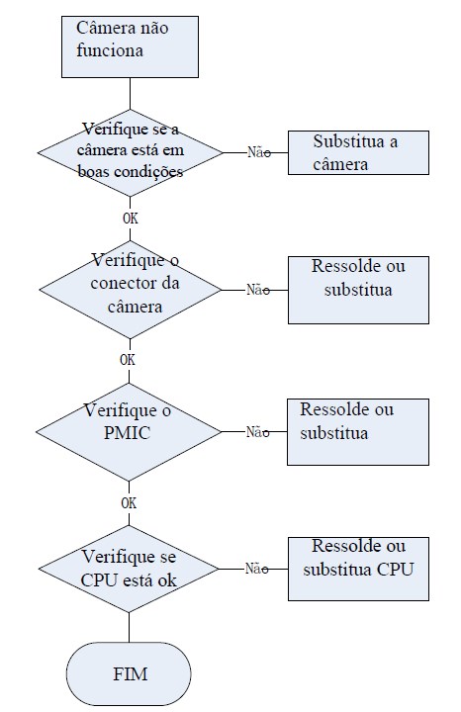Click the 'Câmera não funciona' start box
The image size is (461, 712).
(x=130, y=46)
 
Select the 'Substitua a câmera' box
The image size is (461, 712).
(x=358, y=152)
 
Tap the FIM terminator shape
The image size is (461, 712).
(x=129, y=673)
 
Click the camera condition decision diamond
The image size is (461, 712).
(x=131, y=152)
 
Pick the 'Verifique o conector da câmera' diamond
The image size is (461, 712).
(x=131, y=290)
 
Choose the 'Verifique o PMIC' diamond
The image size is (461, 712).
(x=129, y=431)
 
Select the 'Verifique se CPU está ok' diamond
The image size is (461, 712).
(x=129, y=569)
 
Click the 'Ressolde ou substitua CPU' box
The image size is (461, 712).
(x=358, y=569)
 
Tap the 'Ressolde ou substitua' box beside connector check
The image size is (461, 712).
(x=358, y=290)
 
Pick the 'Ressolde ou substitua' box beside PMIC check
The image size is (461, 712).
(x=358, y=432)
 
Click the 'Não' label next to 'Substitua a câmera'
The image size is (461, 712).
(x=259, y=152)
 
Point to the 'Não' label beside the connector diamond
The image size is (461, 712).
(x=258, y=289)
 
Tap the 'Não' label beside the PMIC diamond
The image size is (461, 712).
(x=257, y=432)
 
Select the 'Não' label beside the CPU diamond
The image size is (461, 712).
(x=256, y=568)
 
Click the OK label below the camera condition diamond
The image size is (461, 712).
(x=131, y=219)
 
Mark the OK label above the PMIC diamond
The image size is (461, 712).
(x=128, y=360)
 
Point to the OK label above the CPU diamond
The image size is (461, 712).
(x=129, y=503)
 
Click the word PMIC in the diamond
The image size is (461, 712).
(x=128, y=433)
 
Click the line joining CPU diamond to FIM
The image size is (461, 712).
(x=129, y=627)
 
